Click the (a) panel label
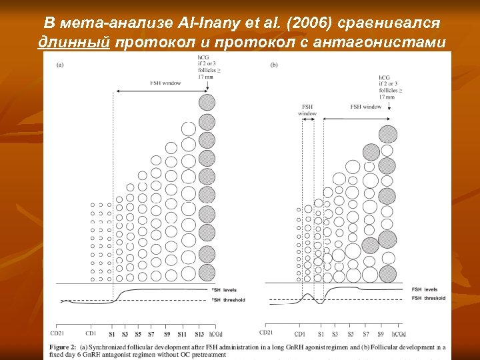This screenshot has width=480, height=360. click(61, 65)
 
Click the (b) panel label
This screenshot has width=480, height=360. click(274, 65)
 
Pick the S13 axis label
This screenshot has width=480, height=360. click(199, 333)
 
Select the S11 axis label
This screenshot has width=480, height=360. click(181, 333)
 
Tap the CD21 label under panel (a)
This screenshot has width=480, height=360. click(58, 333)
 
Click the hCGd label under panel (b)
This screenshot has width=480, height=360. click(399, 333)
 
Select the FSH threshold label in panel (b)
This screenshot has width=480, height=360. click(428, 298)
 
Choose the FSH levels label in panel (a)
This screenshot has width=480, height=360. click(225, 291)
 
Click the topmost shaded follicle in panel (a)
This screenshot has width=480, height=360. click(207, 102)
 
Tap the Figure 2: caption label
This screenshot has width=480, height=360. click(70, 347)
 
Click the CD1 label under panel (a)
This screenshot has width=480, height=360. click(91, 333)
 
